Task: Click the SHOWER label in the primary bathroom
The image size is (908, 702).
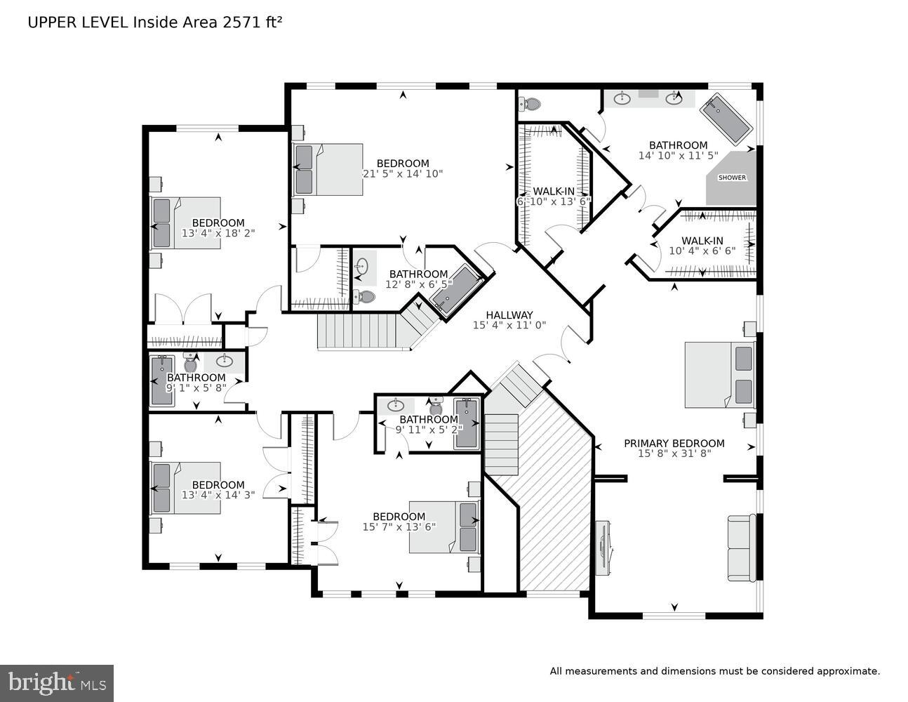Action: (x=731, y=178)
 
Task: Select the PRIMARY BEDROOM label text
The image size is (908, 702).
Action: (x=674, y=443)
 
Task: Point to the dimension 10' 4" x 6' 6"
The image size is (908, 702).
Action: (x=702, y=251)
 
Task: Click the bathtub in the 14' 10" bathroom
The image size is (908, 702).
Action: (x=728, y=117)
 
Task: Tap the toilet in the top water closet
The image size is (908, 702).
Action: (x=530, y=105)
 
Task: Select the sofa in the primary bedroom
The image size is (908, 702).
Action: (x=741, y=548)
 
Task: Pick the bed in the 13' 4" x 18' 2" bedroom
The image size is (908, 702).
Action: (x=186, y=223)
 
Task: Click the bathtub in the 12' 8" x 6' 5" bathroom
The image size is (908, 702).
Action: (x=457, y=289)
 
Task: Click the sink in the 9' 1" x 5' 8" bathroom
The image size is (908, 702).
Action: (x=225, y=362)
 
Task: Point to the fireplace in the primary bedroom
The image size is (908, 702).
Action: (x=603, y=548)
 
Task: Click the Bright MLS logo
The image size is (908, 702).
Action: (x=56, y=682)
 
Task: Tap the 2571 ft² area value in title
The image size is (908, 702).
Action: (x=252, y=22)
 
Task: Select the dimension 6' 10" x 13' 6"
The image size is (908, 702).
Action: (x=554, y=201)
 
